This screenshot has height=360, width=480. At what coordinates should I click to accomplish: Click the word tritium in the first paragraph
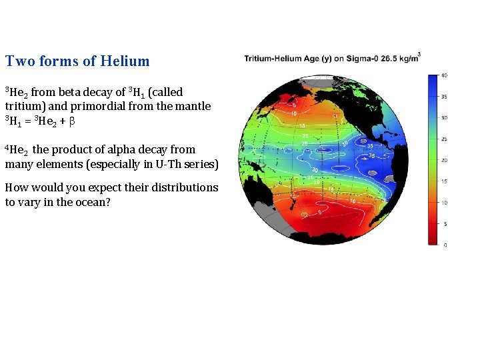point(24,106)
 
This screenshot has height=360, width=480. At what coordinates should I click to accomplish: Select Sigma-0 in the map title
point(358,59)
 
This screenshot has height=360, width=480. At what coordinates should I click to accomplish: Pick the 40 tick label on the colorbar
point(444,75)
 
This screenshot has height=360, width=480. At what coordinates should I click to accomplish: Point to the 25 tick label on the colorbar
point(444,139)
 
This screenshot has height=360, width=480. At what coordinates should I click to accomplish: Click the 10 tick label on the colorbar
point(444,203)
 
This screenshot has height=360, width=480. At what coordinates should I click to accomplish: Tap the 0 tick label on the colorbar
point(445,245)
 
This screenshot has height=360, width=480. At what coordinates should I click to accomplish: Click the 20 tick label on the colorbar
point(444,160)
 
